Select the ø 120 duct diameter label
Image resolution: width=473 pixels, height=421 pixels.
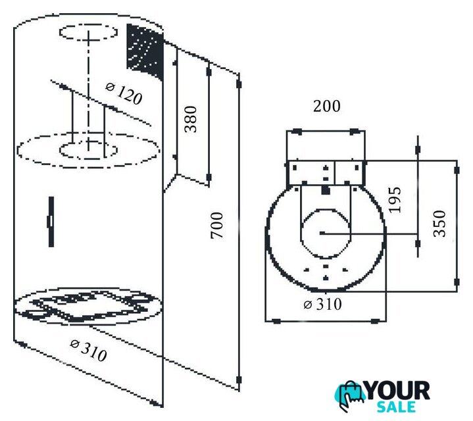tap(124, 93)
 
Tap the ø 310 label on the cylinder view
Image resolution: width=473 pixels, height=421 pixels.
tap(88, 351)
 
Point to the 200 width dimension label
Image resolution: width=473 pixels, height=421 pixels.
tap(326, 106)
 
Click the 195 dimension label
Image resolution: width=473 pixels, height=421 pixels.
tap(394, 199)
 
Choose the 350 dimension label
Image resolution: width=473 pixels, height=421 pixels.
tap(440, 223)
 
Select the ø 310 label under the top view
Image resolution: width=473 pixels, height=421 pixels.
tap(323, 305)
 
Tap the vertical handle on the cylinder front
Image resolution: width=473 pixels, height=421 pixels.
tap(50, 222)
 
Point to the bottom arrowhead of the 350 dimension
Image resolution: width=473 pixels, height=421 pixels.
tap(457, 282)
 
